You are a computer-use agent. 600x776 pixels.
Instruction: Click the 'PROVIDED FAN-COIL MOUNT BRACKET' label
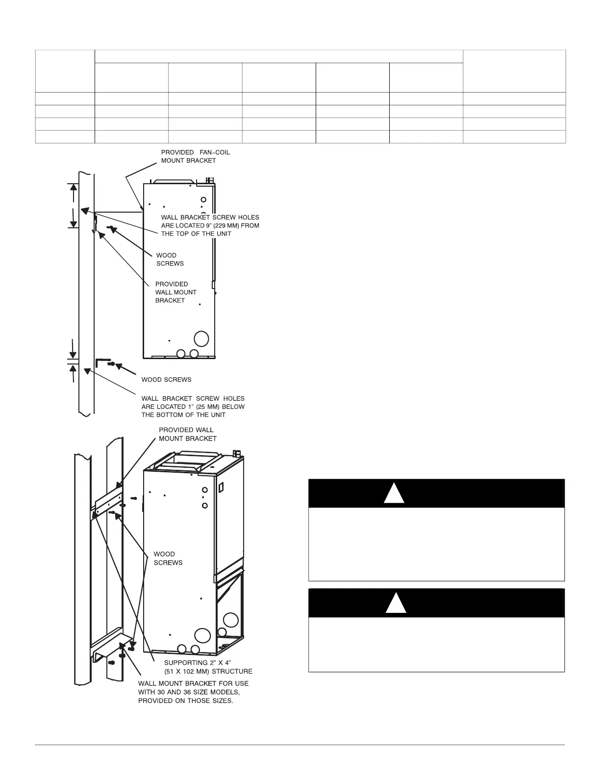click(x=195, y=156)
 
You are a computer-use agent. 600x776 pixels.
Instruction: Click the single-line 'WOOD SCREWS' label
click(x=166, y=380)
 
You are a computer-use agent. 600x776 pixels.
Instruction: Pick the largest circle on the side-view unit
click(x=201, y=339)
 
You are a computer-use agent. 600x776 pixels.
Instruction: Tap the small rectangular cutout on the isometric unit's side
click(x=221, y=487)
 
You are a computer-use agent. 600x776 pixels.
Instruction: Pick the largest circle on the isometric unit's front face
click(x=201, y=635)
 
